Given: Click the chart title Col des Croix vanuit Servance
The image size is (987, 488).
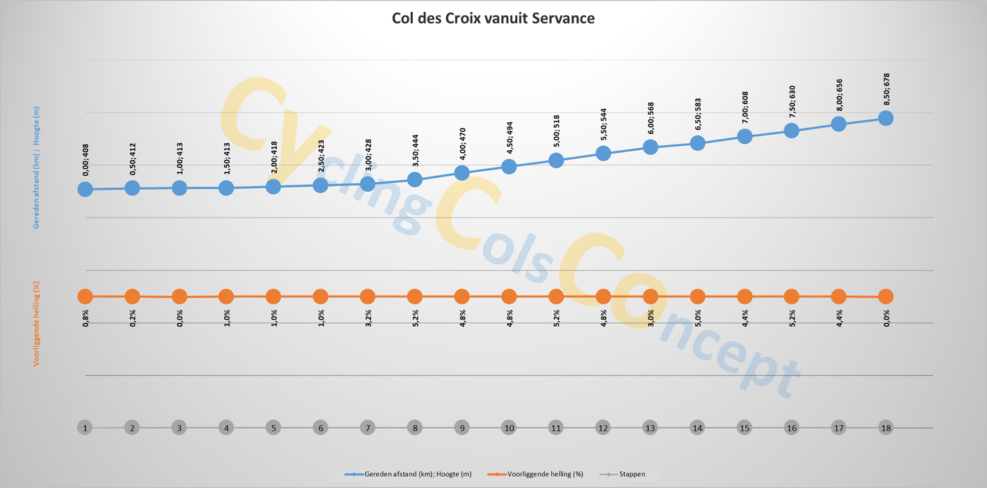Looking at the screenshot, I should (493, 18).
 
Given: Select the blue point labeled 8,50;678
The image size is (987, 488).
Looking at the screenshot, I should (886, 118).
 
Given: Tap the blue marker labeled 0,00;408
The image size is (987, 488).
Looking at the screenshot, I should (85, 189).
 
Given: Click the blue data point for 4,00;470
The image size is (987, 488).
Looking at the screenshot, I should (462, 172).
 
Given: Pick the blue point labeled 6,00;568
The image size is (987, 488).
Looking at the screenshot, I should (651, 147).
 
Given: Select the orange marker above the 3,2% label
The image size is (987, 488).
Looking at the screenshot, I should (368, 296).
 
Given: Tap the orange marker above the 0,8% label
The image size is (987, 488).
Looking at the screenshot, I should (85, 296).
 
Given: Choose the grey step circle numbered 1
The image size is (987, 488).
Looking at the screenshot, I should (85, 428).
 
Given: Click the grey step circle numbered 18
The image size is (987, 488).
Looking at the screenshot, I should (886, 428).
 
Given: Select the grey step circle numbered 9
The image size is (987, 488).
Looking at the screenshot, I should (462, 428).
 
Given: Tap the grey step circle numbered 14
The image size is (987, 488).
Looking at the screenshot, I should (697, 428).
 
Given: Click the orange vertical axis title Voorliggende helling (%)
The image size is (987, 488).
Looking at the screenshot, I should (36, 323).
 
